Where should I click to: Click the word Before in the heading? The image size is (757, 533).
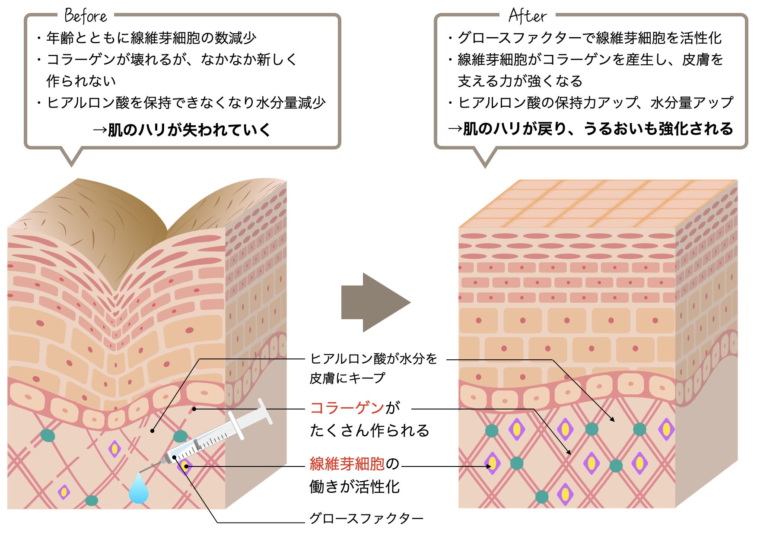pos(86,16)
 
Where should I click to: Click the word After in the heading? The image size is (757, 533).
pos(528,16)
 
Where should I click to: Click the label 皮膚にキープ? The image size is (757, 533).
pos(347,378)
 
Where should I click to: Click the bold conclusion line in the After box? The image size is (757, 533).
pos(591,129)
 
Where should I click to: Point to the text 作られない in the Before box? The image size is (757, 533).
pos(81,81)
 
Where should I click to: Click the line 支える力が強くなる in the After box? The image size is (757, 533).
pos(520,81)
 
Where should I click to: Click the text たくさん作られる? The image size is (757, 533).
pos(370,430)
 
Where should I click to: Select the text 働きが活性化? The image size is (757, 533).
pos(355,487)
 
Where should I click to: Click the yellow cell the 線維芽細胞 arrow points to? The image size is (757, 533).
pos(492,464)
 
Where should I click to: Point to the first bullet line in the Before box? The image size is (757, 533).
pos(147,38)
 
